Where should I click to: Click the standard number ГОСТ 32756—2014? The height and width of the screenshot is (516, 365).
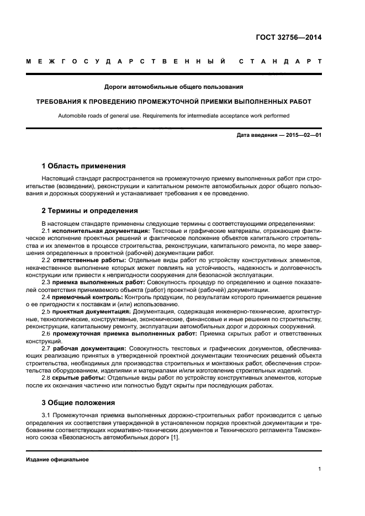click(289, 38)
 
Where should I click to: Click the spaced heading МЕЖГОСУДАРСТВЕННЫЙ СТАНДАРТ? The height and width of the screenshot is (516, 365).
click(174, 61)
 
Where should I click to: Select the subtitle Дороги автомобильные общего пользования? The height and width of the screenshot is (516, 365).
click(174, 87)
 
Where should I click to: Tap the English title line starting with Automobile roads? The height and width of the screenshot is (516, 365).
click(174, 115)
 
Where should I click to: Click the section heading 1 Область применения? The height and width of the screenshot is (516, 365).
click(84, 166)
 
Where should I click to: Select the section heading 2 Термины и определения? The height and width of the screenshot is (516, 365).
click(90, 210)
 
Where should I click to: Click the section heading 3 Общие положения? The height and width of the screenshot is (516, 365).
click(78, 402)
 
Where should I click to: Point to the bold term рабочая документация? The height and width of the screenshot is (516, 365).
click(91, 348)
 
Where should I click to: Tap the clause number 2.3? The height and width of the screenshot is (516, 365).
click(47, 282)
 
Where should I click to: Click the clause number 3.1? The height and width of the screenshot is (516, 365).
click(47, 414)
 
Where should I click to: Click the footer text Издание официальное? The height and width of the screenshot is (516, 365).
click(57, 459)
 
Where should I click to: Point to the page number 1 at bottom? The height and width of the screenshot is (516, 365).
click(320, 469)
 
